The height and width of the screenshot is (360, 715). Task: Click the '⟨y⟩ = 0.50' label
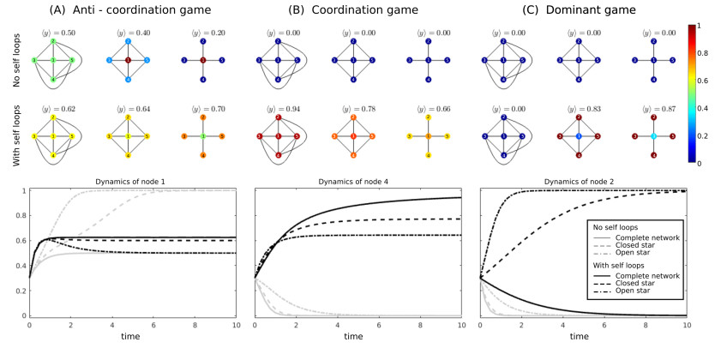(53, 32)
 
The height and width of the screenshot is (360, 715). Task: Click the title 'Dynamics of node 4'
(357, 183)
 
